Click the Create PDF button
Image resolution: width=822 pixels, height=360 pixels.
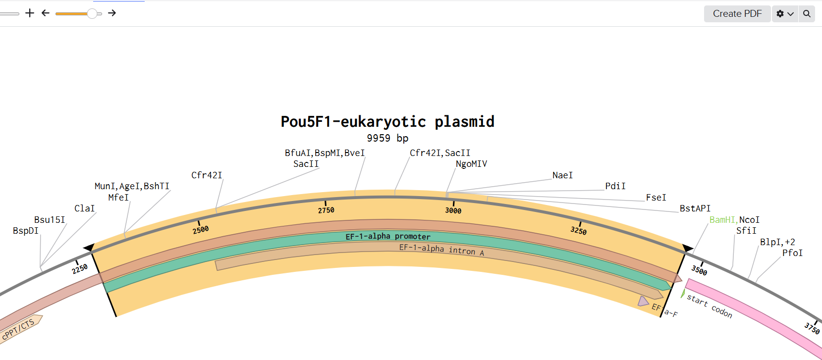coord(737,14)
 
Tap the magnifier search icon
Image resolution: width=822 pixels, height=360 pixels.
coord(807,14)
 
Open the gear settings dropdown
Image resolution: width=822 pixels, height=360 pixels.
coord(784,14)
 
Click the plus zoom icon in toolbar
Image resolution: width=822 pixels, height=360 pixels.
coord(30,13)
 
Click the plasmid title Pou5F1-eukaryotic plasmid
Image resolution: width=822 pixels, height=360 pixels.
coord(387,122)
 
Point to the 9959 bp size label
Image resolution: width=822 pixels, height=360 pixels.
coord(387,138)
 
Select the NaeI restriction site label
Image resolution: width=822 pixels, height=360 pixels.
coord(562,175)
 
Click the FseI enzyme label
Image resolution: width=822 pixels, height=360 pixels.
coord(656,198)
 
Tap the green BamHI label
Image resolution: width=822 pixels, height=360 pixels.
coord(722,220)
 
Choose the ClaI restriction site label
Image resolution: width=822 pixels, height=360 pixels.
coord(84,208)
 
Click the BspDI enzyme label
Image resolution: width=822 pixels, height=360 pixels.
coord(26,231)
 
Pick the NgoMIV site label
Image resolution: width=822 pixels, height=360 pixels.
coord(471,164)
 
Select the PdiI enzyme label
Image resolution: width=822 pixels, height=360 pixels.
coord(615,186)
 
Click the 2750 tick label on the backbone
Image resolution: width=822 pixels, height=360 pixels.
coord(326,210)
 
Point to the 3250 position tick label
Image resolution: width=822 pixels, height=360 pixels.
coord(578,231)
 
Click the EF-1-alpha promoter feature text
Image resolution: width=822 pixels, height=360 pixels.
coord(388,237)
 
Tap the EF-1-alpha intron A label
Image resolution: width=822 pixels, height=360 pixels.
coord(441,250)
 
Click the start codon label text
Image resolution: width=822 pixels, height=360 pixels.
coord(710,306)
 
